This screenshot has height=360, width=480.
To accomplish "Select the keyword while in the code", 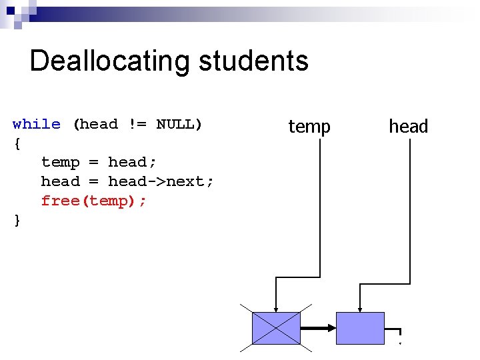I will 36,124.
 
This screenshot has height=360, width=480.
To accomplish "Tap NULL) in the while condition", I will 179,124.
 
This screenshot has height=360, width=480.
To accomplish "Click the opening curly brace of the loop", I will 17,143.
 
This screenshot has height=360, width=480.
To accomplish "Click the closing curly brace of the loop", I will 17,220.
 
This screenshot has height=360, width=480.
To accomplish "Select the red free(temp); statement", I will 93,201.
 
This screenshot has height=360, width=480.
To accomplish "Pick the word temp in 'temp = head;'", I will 60,162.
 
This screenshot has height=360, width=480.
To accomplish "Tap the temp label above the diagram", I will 309,126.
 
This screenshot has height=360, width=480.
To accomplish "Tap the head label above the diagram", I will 408,126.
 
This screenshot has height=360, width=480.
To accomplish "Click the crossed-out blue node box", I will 276,328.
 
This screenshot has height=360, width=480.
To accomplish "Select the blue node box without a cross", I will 360,328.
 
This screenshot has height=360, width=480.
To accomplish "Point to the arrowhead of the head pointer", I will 360,307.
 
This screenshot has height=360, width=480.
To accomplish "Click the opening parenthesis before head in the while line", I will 76,124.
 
